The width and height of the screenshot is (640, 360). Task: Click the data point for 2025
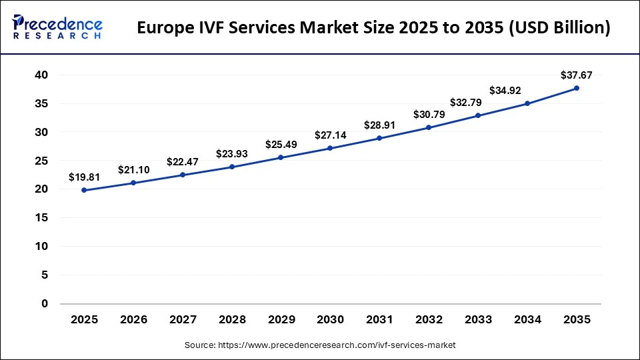click(x=84, y=190)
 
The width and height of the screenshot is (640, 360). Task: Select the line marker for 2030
click(x=330, y=148)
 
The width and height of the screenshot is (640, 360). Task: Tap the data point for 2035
click(x=577, y=88)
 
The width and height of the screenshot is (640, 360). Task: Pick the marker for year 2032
click(x=429, y=127)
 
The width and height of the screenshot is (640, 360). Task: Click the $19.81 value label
click(x=84, y=177)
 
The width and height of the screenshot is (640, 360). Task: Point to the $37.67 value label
click(x=577, y=75)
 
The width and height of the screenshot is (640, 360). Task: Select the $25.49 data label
click(x=281, y=145)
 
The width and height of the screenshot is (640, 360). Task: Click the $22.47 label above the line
click(x=183, y=162)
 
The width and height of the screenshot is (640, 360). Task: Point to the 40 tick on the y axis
click(x=41, y=75)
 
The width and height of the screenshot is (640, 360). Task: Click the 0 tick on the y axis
click(x=45, y=304)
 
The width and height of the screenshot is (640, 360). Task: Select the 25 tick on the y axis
click(x=41, y=161)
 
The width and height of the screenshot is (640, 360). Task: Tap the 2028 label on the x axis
click(x=232, y=320)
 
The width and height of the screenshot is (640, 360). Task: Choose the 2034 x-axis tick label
click(x=527, y=320)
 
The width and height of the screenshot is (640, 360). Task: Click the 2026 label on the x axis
click(x=133, y=320)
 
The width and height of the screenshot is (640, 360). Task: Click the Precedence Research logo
click(x=57, y=27)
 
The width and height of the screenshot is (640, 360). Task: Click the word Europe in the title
click(x=167, y=29)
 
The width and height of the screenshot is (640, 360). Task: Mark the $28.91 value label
click(x=379, y=125)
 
